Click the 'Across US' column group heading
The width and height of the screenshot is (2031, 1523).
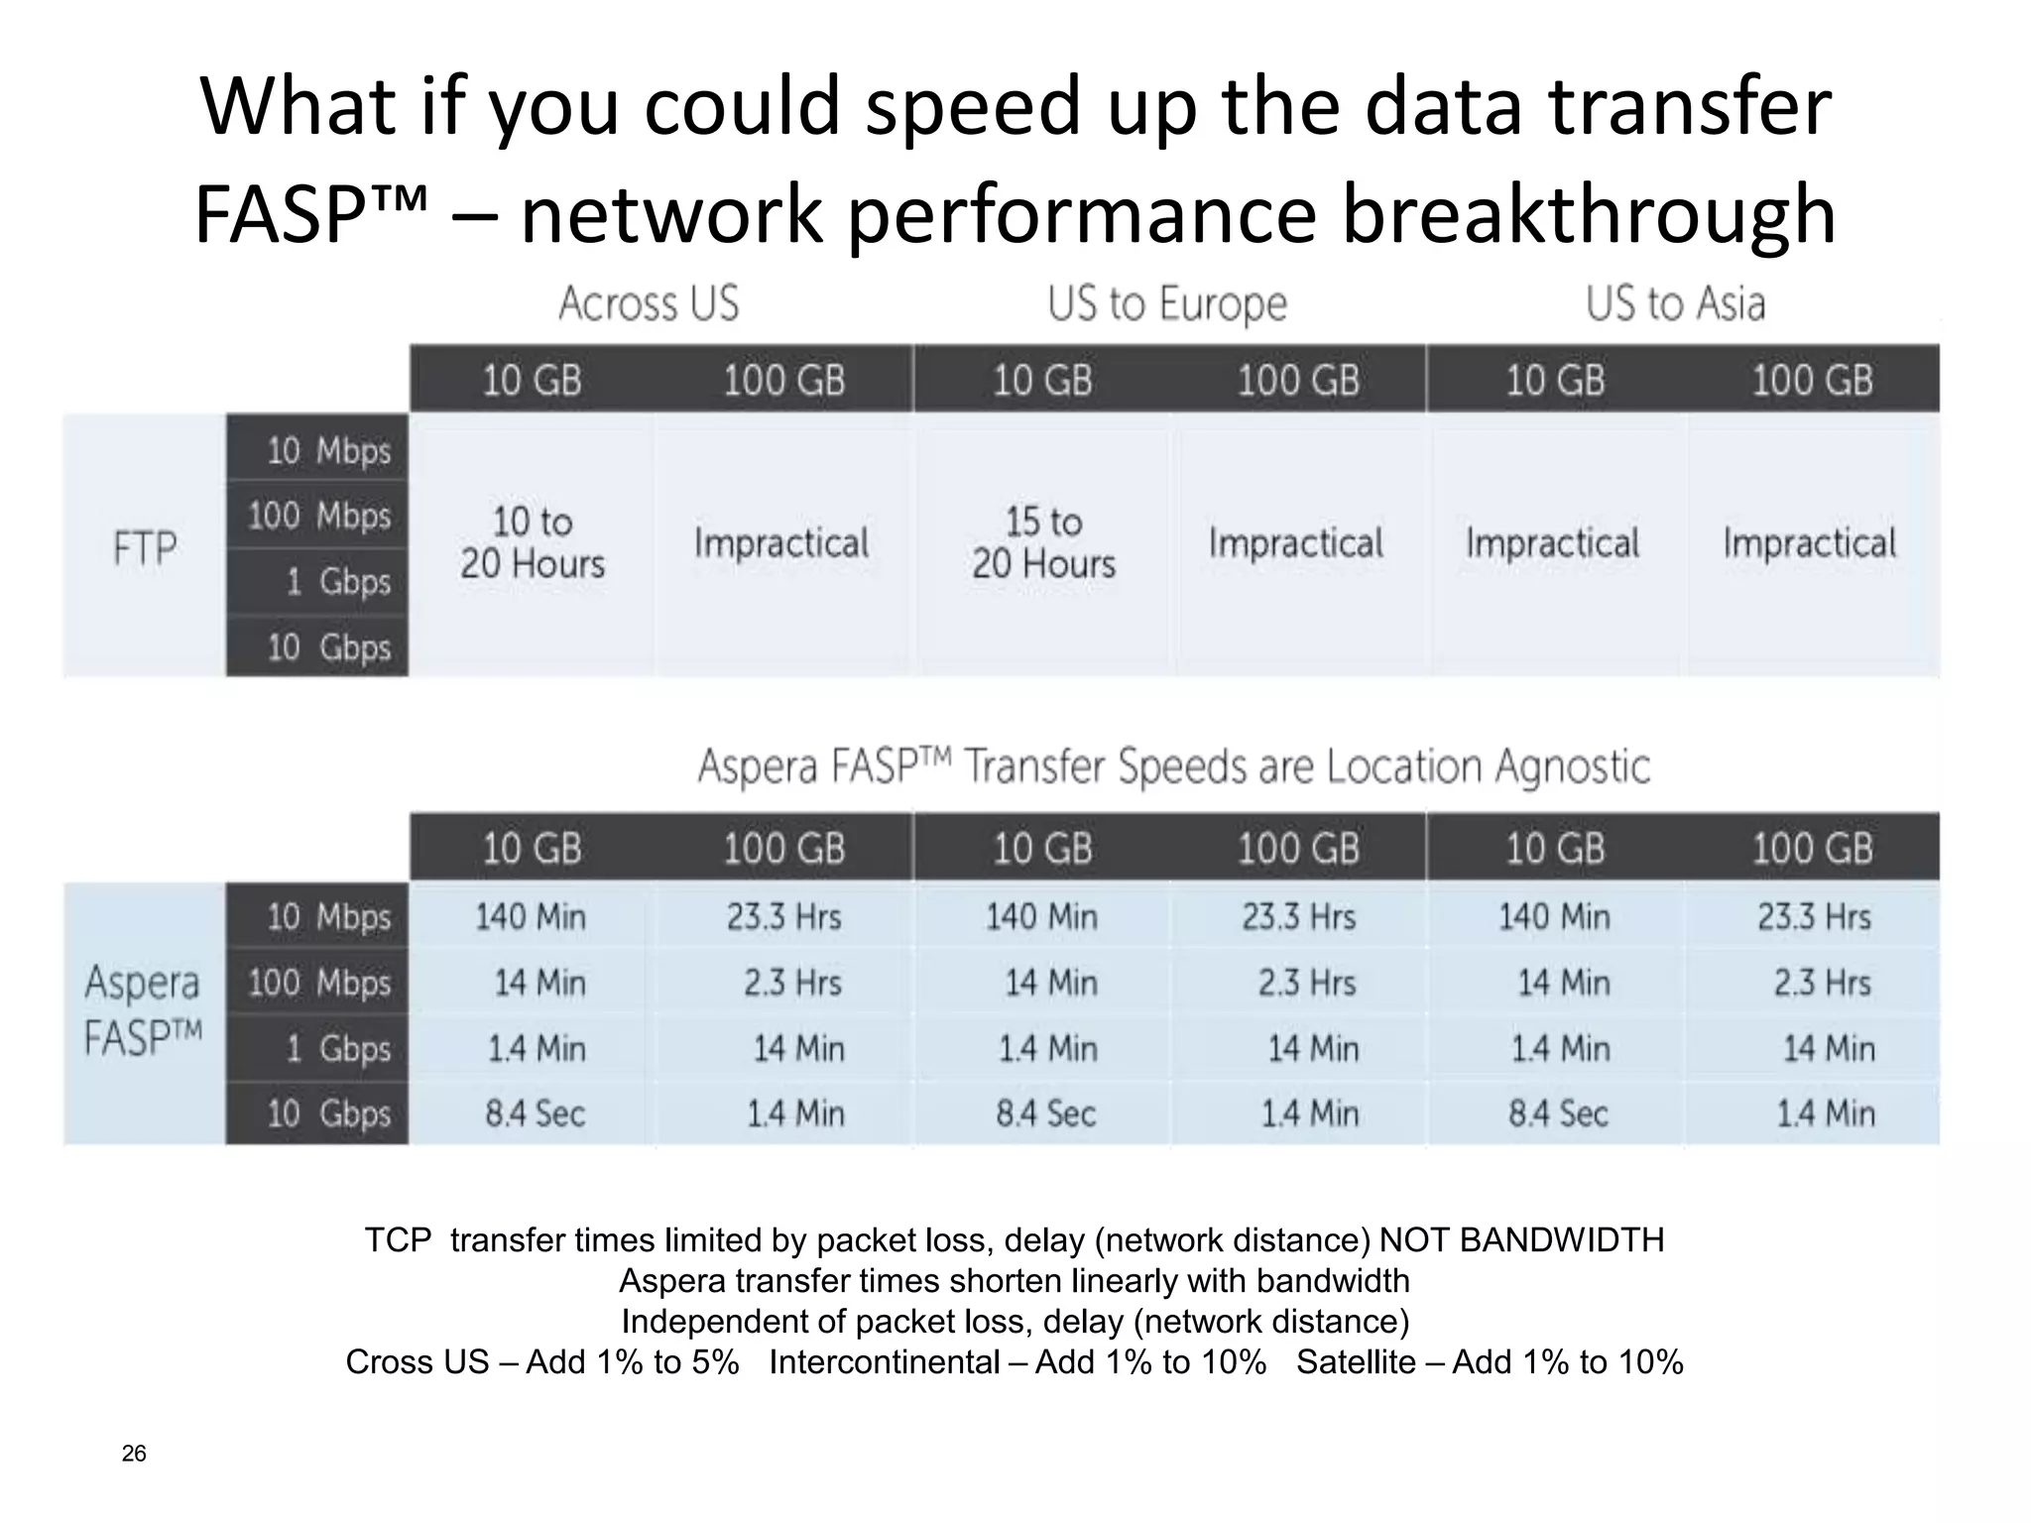click(649, 303)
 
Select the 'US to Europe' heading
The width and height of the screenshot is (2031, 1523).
click(1166, 303)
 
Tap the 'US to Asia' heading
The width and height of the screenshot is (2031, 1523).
click(1675, 303)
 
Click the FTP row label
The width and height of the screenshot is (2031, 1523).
click(145, 547)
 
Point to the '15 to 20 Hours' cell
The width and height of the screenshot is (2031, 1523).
click(1043, 543)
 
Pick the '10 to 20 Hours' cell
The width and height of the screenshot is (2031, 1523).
click(533, 543)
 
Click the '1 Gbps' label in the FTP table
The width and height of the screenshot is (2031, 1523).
click(338, 581)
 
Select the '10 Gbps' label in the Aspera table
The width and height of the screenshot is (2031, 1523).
click(328, 1113)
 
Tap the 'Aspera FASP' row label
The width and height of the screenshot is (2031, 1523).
click(143, 1010)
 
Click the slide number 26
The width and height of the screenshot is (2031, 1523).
click(134, 1454)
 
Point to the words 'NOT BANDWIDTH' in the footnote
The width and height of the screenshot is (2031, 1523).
click(1521, 1239)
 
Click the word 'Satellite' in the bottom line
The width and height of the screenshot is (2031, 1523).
click(1356, 1362)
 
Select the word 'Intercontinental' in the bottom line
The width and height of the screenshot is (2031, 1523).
click(884, 1362)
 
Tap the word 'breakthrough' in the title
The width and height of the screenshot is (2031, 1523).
click(1588, 214)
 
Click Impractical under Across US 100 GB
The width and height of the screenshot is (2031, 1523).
click(781, 543)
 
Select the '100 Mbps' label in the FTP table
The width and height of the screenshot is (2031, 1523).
click(319, 516)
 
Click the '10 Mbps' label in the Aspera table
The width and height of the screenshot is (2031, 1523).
click(328, 917)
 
